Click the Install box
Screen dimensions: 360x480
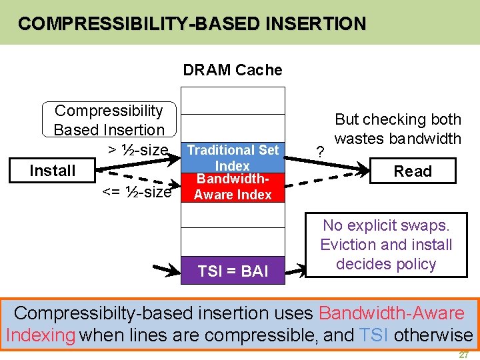pyautogui.click(x=52, y=171)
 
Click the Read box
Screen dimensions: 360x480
pyautogui.click(x=412, y=171)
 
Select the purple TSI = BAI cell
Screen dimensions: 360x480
pyautogui.click(x=233, y=271)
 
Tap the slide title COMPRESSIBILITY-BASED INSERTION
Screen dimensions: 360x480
pyautogui.click(x=192, y=24)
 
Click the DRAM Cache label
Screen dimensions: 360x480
pyautogui.click(x=233, y=70)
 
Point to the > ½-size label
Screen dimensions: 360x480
pyautogui.click(x=138, y=150)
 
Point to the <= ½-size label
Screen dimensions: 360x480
pyautogui.click(x=137, y=193)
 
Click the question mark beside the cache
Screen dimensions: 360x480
pyautogui.click(x=321, y=153)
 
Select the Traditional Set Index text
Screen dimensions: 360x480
pyautogui.click(x=233, y=157)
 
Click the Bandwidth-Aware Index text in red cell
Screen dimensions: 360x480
pyautogui.click(x=233, y=187)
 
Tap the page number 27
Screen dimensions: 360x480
pyautogui.click(x=463, y=355)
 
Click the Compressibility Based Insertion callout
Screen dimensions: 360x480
pyautogui.click(x=109, y=120)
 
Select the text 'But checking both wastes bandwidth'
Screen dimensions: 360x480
pyautogui.click(x=397, y=129)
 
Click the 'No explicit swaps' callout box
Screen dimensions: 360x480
pyautogui.click(x=386, y=245)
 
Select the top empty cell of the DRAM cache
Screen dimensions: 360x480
pyautogui.click(x=233, y=100)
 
